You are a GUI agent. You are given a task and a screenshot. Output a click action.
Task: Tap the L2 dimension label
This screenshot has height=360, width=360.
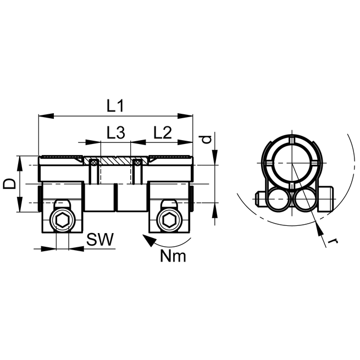point(163,132)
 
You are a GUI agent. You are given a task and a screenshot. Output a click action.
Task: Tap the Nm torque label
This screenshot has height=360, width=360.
point(174,256)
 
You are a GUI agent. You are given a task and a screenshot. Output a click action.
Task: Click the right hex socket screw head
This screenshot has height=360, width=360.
point(168,220)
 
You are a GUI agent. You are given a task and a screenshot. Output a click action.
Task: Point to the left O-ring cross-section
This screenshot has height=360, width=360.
point(95,162)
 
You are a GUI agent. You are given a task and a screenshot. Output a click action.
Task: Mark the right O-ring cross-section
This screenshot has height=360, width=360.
point(136,162)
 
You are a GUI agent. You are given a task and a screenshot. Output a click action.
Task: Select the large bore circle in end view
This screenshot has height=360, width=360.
point(292,164)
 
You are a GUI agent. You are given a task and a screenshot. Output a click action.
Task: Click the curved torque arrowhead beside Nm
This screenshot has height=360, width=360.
point(146,239)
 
